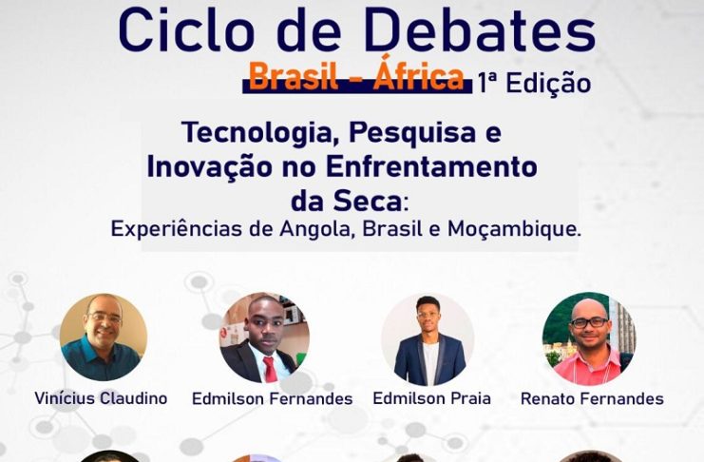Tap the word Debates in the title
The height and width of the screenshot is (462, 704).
click(x=480, y=29)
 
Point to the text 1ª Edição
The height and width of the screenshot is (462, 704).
click(x=534, y=83)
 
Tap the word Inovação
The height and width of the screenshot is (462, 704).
click(x=210, y=166)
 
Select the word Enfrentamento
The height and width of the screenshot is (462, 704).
click(x=431, y=166)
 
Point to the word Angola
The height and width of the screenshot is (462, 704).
click(x=318, y=229)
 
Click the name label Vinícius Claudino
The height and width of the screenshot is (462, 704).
click(x=101, y=398)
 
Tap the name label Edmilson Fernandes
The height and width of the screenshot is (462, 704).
click(x=273, y=398)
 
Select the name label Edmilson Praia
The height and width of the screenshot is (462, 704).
click(x=432, y=398)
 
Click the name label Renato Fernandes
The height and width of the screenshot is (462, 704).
click(x=592, y=398)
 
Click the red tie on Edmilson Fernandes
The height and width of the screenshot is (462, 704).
click(x=270, y=369)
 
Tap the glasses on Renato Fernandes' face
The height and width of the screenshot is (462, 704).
click(x=589, y=322)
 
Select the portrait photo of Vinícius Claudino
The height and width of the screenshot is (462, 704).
click(x=104, y=337)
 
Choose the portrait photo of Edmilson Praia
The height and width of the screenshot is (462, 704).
click(x=428, y=339)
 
